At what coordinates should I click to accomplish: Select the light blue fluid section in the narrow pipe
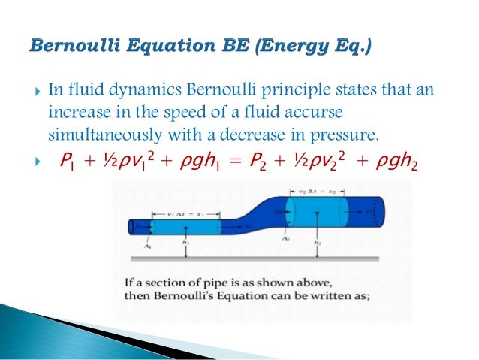point(185,226)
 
